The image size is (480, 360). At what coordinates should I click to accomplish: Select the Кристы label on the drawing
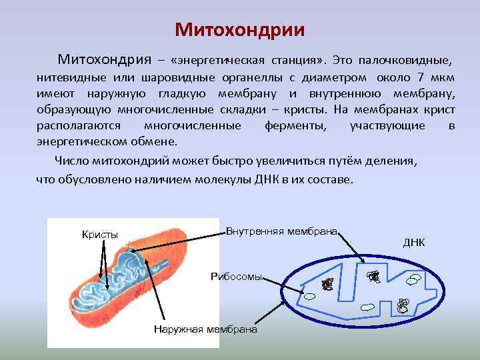coord(99,234)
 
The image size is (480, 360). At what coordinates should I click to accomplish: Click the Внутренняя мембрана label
coord(282,231)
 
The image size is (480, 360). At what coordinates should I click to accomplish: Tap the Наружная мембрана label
coord(205,329)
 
